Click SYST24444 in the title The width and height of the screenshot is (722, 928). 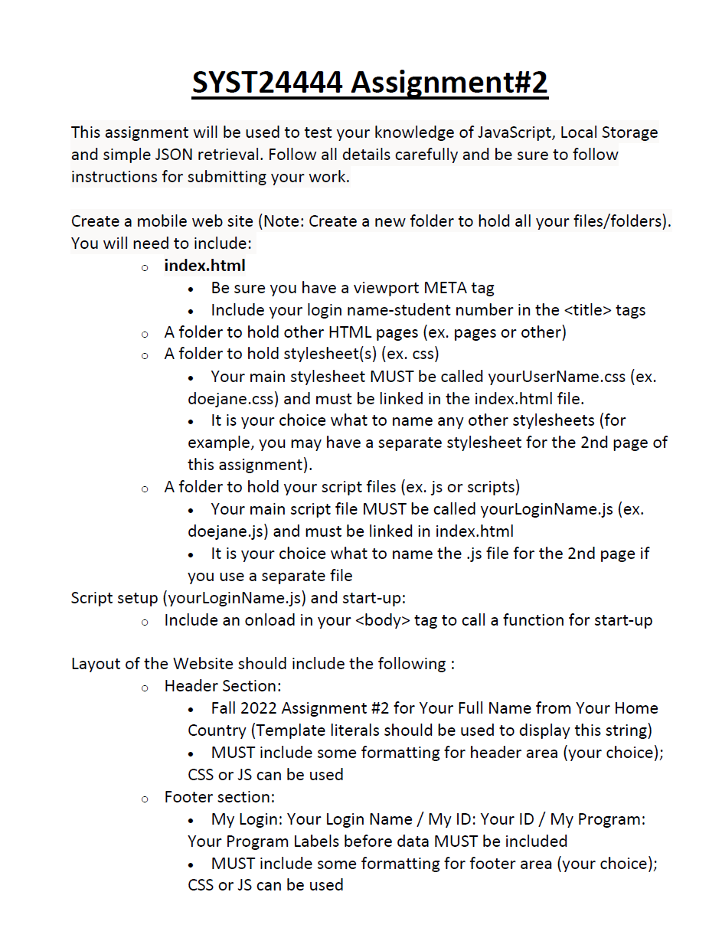[266, 83]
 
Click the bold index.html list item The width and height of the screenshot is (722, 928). [204, 266]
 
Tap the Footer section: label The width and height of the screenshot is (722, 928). [220, 797]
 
